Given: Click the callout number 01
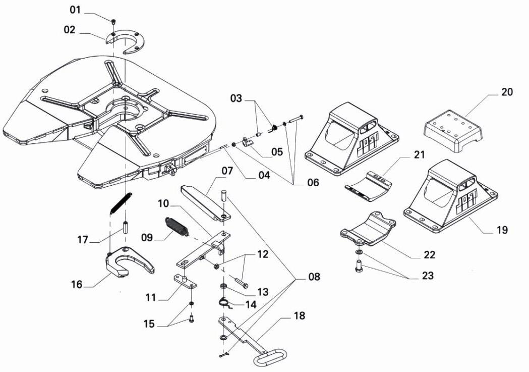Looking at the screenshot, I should [x=75, y=10].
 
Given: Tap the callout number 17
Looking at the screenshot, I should [x=83, y=239].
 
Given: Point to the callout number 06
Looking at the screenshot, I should [x=313, y=182].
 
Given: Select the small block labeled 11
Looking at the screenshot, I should [x=186, y=280].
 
